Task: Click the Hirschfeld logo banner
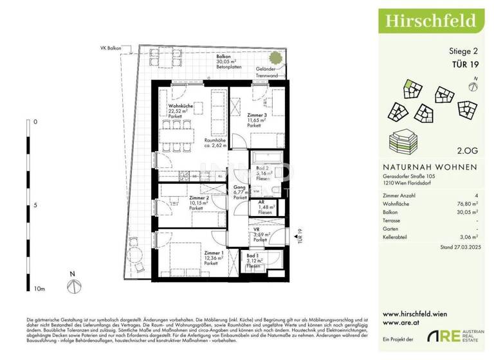pos(431,21)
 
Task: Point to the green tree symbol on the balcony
pos(275,57)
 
